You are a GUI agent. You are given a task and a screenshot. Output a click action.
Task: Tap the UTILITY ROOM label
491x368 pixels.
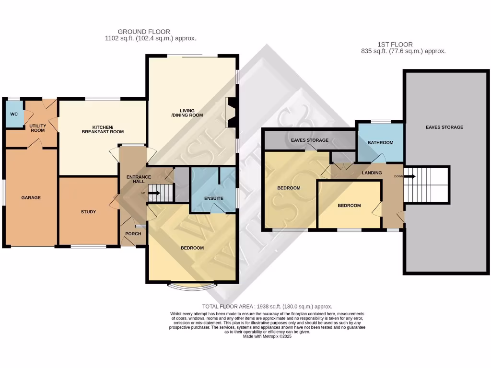point(37,127)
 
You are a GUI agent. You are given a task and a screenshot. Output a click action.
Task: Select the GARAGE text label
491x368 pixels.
point(31,197)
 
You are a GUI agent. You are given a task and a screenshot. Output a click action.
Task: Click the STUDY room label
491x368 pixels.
point(88,212)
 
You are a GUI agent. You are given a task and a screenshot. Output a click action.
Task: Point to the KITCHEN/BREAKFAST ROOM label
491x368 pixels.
point(103,129)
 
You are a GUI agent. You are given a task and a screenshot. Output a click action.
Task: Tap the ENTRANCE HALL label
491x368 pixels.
point(139,180)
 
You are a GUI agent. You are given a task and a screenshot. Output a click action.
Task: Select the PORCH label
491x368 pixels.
point(133,234)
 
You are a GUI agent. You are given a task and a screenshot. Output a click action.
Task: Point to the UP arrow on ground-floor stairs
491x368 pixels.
point(154,193)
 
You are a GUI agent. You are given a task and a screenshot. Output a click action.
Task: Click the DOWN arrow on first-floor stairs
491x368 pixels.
point(409,176)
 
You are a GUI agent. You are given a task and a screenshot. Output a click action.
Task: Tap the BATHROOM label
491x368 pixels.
point(380,143)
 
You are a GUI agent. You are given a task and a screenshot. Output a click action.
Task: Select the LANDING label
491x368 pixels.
point(372,173)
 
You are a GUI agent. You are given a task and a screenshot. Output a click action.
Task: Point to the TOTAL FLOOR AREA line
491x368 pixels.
point(267,306)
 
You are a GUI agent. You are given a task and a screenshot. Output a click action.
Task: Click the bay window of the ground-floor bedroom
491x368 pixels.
point(192,286)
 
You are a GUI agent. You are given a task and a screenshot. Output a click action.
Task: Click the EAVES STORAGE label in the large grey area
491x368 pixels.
point(444,127)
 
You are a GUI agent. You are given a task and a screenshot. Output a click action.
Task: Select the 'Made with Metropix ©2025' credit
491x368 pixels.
point(267,336)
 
